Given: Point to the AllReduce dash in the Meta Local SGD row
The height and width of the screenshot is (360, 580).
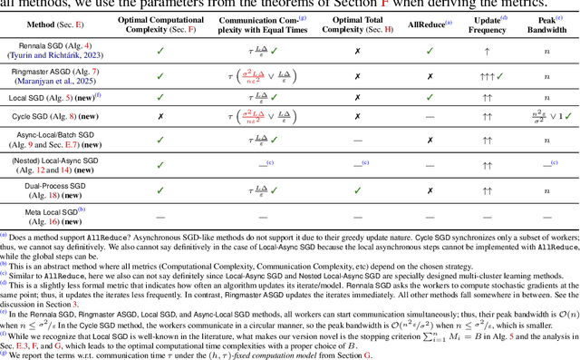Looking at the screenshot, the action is [429, 214].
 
